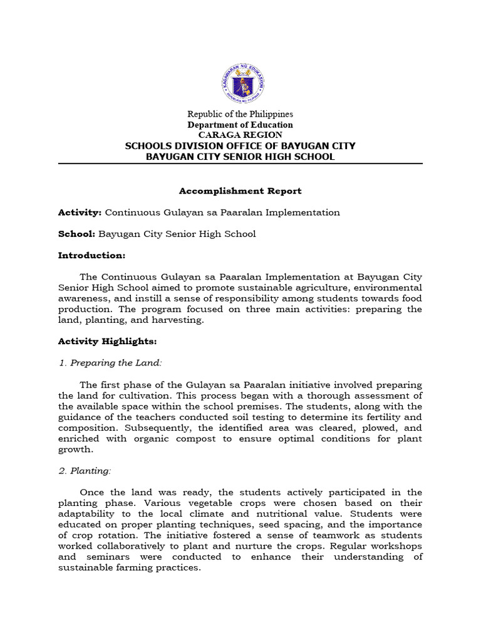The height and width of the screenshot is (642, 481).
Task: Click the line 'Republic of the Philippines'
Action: [x=240, y=114]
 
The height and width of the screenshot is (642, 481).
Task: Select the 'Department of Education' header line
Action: [x=240, y=125]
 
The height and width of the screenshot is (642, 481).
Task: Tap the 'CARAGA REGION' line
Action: [x=240, y=135]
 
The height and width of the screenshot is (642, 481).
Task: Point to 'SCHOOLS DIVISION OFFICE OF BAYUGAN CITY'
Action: [x=240, y=146]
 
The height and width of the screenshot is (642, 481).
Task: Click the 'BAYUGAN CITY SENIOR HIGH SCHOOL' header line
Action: [x=240, y=157]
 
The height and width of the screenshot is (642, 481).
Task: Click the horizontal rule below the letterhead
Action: [x=240, y=164]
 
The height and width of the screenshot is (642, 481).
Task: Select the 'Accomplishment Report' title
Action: [x=240, y=191]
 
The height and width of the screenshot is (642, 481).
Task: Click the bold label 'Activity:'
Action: [x=80, y=213]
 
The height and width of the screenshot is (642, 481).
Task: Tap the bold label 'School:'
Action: [x=76, y=234]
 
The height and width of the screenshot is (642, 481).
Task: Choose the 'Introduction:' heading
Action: [x=91, y=256]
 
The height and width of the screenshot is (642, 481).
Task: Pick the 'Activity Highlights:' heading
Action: [x=107, y=342]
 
